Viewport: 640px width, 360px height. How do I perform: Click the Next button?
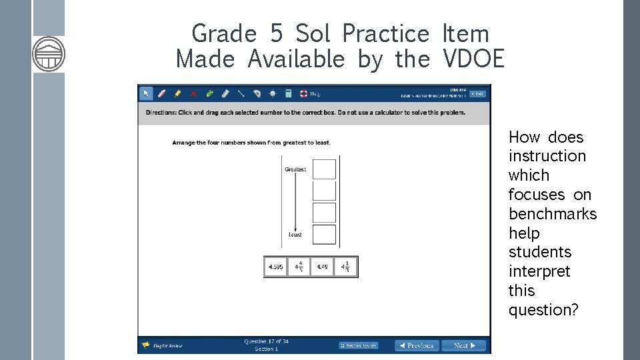pos(464,345)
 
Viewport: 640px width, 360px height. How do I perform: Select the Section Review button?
pos(359,345)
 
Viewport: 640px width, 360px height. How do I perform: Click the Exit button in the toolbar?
pos(477,94)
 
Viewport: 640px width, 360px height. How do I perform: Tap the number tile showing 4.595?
pos(275,267)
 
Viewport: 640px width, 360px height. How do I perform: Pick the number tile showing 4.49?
pos(322,267)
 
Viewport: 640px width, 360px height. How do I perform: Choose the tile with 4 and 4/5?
pos(299,267)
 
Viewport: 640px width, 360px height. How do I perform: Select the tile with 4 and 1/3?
pos(345,267)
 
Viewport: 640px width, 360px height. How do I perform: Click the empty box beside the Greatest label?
pos(325,169)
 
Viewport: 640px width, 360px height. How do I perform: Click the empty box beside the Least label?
pos(325,234)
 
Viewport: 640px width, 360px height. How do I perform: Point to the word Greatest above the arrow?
pos(295,169)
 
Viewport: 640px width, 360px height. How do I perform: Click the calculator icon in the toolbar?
pos(289,94)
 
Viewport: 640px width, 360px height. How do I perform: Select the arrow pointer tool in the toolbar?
pos(146,94)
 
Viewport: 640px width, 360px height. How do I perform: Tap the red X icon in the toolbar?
pos(193,94)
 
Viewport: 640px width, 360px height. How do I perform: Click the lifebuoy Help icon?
pos(303,94)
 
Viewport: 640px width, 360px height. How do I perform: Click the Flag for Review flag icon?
pos(145,345)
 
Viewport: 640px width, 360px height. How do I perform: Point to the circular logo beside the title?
pos(49,54)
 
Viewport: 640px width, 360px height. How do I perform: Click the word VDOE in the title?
pos(473,59)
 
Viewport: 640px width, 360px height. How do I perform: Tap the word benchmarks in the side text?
pos(553,214)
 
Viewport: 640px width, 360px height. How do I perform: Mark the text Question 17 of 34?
pos(266,341)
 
